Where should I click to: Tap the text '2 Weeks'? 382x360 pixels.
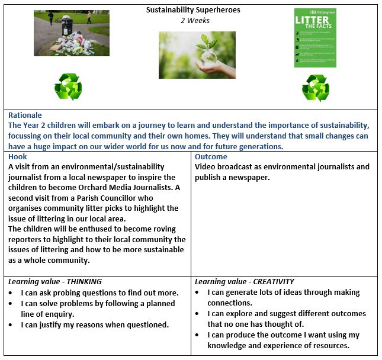(195, 20)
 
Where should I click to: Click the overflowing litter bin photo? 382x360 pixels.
(72, 33)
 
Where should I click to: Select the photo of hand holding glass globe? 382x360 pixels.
(197, 54)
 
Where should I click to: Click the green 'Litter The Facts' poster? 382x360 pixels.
(315, 38)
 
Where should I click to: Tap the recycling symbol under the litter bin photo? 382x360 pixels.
(68, 88)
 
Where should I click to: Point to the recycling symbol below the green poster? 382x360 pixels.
(315, 88)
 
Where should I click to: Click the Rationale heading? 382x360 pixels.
(25, 115)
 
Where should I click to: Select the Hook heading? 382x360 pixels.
(18, 157)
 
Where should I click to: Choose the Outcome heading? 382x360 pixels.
(211, 157)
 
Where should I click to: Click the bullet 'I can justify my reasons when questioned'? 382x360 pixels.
(95, 324)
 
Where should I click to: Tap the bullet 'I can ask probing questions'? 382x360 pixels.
(95, 292)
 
